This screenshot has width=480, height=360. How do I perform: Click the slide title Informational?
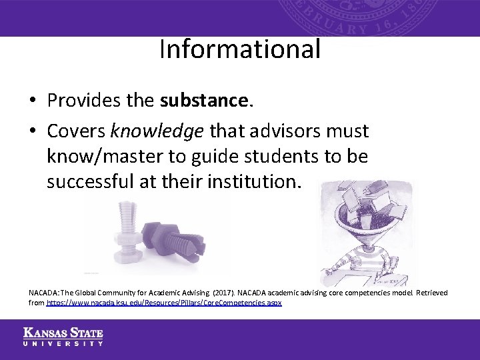pyautogui.click(x=240, y=49)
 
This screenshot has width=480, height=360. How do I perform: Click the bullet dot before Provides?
pyautogui.click(x=33, y=101)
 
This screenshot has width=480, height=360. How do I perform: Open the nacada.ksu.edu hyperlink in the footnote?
pyautogui.click(x=164, y=303)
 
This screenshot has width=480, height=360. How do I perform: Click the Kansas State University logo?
pyautogui.click(x=63, y=337)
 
